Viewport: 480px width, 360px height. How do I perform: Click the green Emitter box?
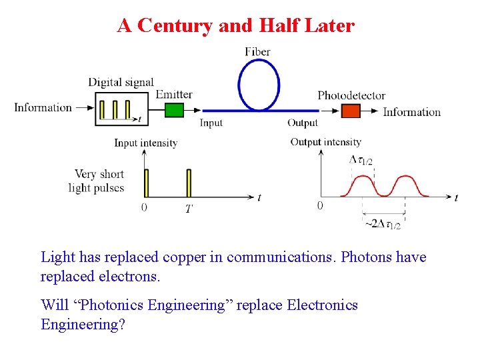(x=173, y=110)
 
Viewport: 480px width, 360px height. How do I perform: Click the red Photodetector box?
(x=350, y=111)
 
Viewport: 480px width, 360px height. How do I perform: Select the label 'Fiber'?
(x=257, y=51)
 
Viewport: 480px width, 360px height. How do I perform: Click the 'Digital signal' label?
(x=121, y=82)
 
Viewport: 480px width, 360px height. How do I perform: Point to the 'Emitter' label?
(x=174, y=94)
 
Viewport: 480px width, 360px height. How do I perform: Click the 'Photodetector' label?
(x=351, y=95)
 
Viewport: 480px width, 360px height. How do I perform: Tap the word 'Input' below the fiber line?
(x=211, y=123)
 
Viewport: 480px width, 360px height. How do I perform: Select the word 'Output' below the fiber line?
(x=303, y=123)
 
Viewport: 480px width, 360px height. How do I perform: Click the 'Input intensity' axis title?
(x=145, y=143)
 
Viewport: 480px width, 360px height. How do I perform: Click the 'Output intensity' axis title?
(x=326, y=141)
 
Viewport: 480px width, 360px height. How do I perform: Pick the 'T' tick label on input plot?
(x=189, y=209)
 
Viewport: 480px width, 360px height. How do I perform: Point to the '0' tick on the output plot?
(x=320, y=206)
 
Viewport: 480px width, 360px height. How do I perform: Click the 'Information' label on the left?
(x=43, y=107)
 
